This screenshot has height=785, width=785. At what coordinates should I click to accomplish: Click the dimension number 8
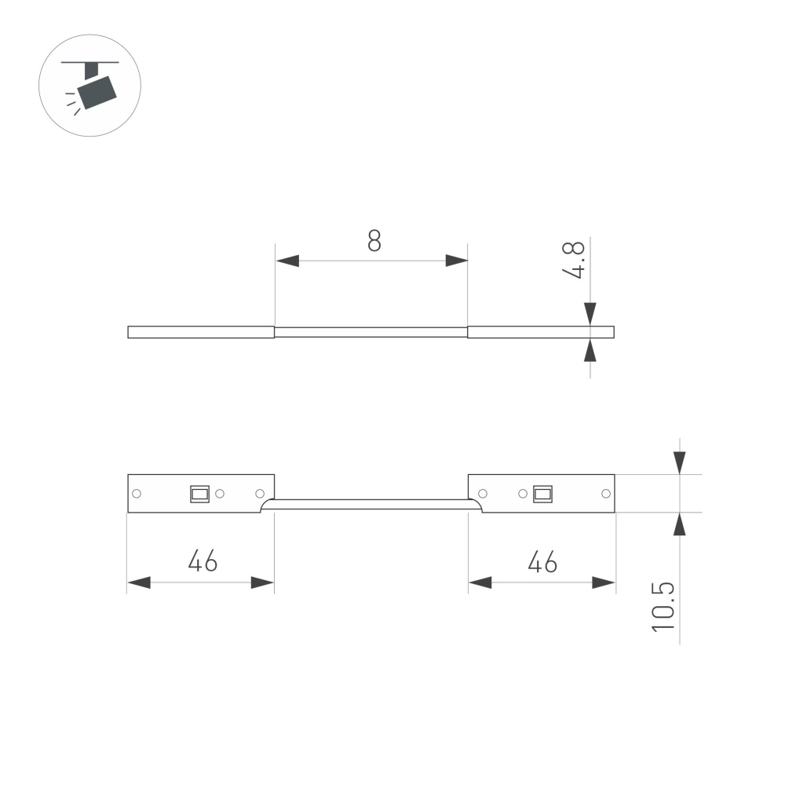tap(374, 240)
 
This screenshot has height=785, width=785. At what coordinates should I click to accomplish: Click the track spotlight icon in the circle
tap(89, 86)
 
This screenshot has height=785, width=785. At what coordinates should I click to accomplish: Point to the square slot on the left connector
tap(199, 494)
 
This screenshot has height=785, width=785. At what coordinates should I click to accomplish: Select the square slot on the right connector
tap(542, 494)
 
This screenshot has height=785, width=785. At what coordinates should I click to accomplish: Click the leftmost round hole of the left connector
tap(137, 494)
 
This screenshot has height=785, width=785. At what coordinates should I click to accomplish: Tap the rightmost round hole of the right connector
tap(605, 494)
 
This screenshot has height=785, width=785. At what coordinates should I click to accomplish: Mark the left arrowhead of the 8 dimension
tap(287, 261)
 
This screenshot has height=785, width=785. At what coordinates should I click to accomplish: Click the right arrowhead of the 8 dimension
tap(456, 261)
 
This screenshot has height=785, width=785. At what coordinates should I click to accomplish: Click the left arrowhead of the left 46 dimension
tap(139, 582)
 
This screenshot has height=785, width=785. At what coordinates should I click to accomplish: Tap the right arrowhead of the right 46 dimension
tap(603, 582)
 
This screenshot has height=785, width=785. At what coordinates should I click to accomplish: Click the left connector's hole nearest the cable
tap(260, 494)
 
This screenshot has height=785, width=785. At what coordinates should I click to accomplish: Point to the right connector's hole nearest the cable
tap(483, 494)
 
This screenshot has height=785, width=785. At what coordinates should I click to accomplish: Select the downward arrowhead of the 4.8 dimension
tap(590, 313)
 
